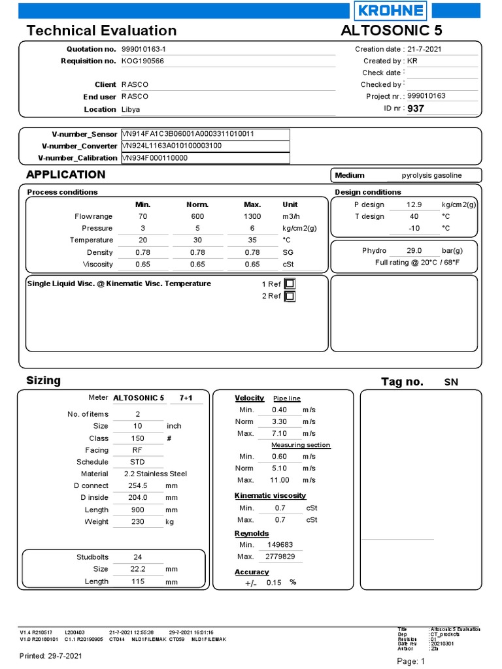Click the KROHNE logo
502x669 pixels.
(x=391, y=11)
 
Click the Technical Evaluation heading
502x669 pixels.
(x=101, y=31)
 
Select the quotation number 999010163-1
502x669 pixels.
(x=148, y=49)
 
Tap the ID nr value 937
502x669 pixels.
(x=416, y=108)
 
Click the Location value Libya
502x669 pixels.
(x=131, y=109)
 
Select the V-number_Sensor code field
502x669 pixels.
(x=205, y=134)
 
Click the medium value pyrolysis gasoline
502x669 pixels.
(x=431, y=175)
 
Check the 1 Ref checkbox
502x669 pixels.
(x=290, y=284)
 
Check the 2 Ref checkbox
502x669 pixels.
(x=290, y=296)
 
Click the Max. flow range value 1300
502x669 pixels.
(x=252, y=216)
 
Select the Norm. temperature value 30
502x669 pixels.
(x=197, y=240)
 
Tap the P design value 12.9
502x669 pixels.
(x=414, y=204)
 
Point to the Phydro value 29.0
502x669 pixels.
(x=414, y=250)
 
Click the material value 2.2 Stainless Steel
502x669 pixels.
(x=155, y=474)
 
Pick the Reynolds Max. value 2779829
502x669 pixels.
(x=280, y=556)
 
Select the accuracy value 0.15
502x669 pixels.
(x=274, y=583)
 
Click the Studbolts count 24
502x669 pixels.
(x=138, y=557)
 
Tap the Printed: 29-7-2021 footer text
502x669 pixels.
(x=51, y=655)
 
